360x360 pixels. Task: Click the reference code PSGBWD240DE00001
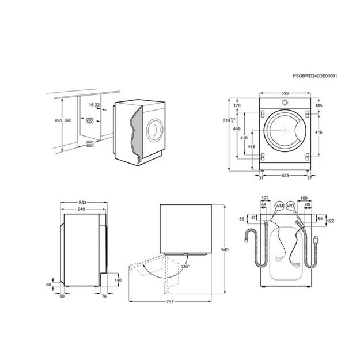pyautogui.click(x=314, y=76)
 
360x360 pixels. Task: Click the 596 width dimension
pyautogui.click(x=285, y=93)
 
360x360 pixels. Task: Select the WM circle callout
pyautogui.click(x=279, y=206)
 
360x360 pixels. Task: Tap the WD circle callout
pyautogui.click(x=290, y=206)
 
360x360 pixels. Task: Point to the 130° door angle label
pyautogui.click(x=185, y=267)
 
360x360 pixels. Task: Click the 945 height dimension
pyautogui.click(x=225, y=249)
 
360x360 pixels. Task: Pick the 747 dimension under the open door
pyautogui.click(x=170, y=301)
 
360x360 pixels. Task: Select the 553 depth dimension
pyautogui.click(x=82, y=203)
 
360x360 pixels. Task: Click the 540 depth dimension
pyautogui.click(x=81, y=209)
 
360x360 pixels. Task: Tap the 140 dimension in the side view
pyautogui.click(x=118, y=280)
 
